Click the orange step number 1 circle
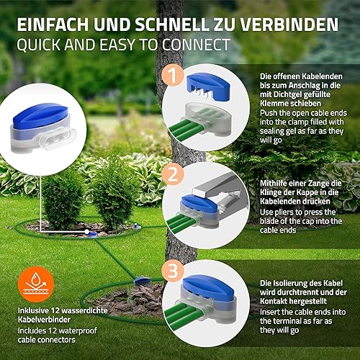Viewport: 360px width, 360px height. [x=174, y=76]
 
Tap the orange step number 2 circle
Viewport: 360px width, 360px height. [x=173, y=174]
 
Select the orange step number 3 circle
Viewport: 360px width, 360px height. [x=173, y=271]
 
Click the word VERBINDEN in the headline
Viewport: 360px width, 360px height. [x=289, y=24]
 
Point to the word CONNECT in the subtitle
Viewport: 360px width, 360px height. [x=196, y=45]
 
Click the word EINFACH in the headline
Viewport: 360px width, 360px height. [x=53, y=24]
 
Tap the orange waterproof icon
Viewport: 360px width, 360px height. [x=36, y=284]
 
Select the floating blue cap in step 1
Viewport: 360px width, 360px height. [x=208, y=86]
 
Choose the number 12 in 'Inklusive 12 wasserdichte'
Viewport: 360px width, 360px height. [x=55, y=310]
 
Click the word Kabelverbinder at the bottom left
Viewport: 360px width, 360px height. [x=44, y=320]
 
